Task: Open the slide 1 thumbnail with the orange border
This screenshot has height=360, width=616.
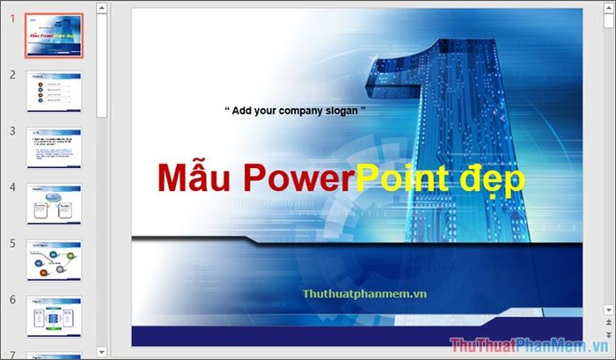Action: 55,34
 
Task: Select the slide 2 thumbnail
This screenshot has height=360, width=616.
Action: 55,92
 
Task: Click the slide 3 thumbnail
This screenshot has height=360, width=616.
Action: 55,148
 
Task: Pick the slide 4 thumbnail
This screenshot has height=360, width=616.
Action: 55,204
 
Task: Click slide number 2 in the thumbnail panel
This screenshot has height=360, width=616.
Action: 13,75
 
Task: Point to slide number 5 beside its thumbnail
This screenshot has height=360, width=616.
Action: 13,244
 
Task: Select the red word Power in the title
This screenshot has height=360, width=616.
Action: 296,178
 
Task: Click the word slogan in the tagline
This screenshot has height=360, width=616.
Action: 336,111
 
